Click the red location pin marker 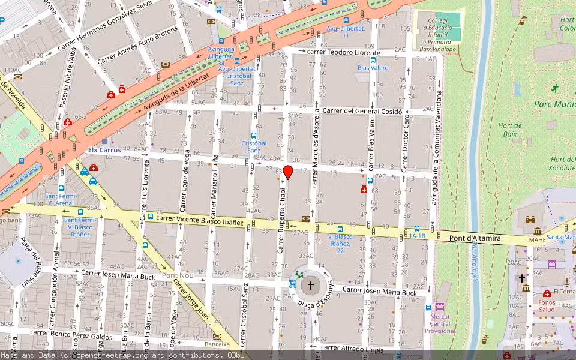tap(288, 172)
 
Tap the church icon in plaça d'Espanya tap(310, 285)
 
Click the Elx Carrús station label tap(104, 150)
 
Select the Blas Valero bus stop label tap(373, 68)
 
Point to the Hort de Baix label tap(510, 130)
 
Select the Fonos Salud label tap(547, 305)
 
